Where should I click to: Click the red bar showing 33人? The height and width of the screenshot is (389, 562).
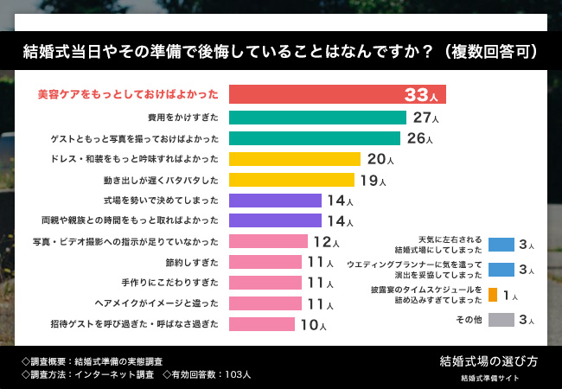click(337, 94)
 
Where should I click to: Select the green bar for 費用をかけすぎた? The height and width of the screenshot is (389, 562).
click(317, 117)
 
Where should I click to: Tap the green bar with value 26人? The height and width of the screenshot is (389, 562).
click(314, 138)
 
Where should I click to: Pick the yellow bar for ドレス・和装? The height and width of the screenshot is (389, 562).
click(294, 159)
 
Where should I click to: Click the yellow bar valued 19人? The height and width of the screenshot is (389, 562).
click(291, 180)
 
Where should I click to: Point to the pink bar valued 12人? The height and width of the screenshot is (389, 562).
click(268, 241)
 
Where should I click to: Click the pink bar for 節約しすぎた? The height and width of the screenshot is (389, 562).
click(265, 262)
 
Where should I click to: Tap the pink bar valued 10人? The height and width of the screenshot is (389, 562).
click(261, 324)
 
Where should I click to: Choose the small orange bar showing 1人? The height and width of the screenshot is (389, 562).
click(492, 295)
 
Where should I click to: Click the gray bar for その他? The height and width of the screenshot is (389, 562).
click(501, 320)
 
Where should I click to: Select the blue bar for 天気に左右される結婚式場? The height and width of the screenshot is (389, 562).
click(501, 244)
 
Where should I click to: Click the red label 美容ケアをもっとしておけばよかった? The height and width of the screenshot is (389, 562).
click(128, 94)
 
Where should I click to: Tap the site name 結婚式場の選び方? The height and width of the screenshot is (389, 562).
click(489, 360)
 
